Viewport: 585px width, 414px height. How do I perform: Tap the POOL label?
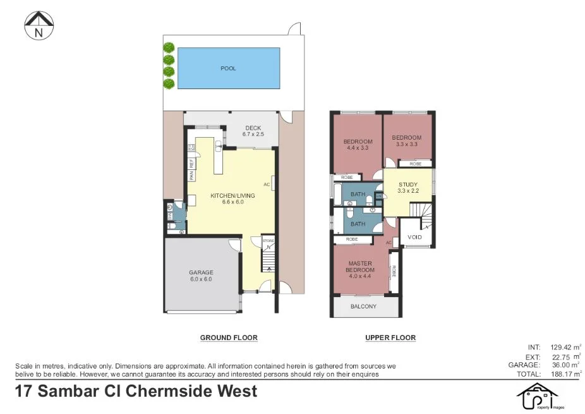pyautogui.click(x=228, y=68)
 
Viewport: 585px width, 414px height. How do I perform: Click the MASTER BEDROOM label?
pyautogui.click(x=359, y=267)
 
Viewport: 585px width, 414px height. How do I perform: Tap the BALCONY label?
pyautogui.click(x=363, y=307)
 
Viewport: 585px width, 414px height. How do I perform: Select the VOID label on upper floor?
pyautogui.click(x=414, y=237)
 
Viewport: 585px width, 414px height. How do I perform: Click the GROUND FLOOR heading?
pyautogui.click(x=229, y=338)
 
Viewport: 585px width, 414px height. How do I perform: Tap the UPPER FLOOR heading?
pyautogui.click(x=390, y=338)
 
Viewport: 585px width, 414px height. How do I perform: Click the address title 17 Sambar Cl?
pyautogui.click(x=136, y=391)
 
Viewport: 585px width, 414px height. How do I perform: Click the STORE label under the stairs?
pyautogui.click(x=268, y=240)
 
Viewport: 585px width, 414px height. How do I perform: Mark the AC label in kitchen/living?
pyautogui.click(x=267, y=185)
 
